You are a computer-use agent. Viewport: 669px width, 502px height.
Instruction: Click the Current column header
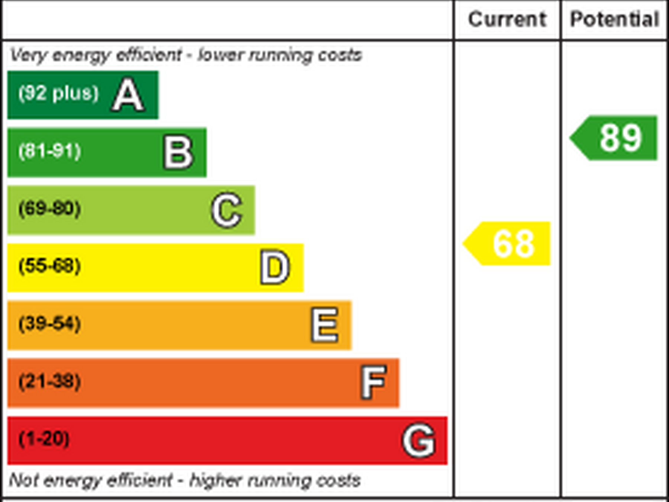pyautogui.click(x=507, y=19)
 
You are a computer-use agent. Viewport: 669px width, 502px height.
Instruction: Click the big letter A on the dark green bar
pyautogui.click(x=128, y=95)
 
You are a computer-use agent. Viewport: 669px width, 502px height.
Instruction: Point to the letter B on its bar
pyautogui.click(x=178, y=152)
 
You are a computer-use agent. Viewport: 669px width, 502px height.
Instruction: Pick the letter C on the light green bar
pyautogui.click(x=227, y=210)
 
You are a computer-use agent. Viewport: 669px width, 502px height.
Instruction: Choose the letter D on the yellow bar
pyautogui.click(x=275, y=267)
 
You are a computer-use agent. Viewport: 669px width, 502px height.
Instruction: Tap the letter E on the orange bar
pyautogui.click(x=325, y=325)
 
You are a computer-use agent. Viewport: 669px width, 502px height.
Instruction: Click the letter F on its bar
pyautogui.click(x=373, y=382)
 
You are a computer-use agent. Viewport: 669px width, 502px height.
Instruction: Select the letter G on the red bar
pyautogui.click(x=419, y=440)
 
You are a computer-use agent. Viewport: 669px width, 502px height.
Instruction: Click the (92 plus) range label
pyautogui.click(x=59, y=93)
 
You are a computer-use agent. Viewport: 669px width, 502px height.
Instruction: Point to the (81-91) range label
pyautogui.click(x=50, y=151)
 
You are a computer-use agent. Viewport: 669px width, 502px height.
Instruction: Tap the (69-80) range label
pyautogui.click(x=50, y=208)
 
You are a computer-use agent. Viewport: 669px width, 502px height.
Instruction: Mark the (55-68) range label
pyautogui.click(x=50, y=266)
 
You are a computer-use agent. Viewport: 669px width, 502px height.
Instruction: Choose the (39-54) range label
pyautogui.click(x=50, y=324)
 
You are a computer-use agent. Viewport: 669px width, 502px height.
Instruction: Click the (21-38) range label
pyautogui.click(x=50, y=381)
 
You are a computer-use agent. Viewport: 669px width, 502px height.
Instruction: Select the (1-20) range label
pyautogui.click(x=44, y=439)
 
